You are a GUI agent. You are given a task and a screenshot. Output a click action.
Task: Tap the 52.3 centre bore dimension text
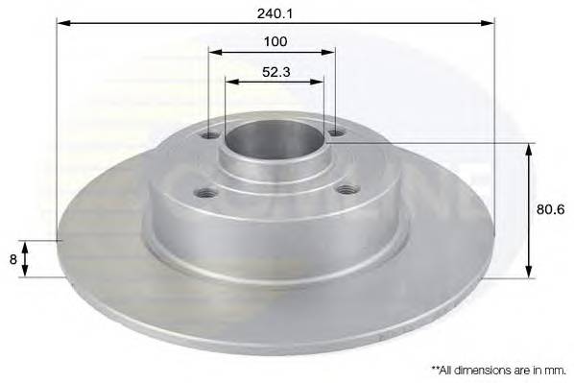275,71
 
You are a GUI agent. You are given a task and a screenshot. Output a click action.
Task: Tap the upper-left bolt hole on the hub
211,135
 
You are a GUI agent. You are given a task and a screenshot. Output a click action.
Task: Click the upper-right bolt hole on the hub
333,133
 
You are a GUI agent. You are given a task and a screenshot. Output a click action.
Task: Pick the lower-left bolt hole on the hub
203,193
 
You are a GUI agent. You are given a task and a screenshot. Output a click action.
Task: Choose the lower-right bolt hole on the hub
344,191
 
